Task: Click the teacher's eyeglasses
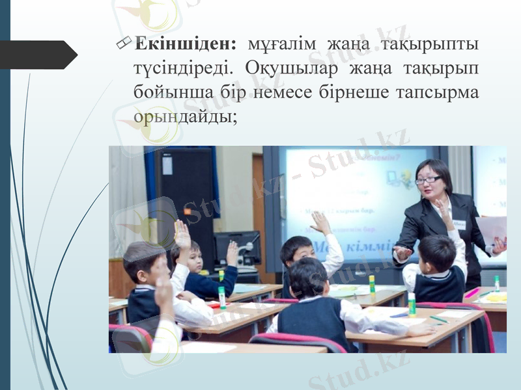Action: [429, 179]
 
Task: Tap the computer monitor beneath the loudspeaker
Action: [237, 247]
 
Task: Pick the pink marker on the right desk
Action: [472, 293]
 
